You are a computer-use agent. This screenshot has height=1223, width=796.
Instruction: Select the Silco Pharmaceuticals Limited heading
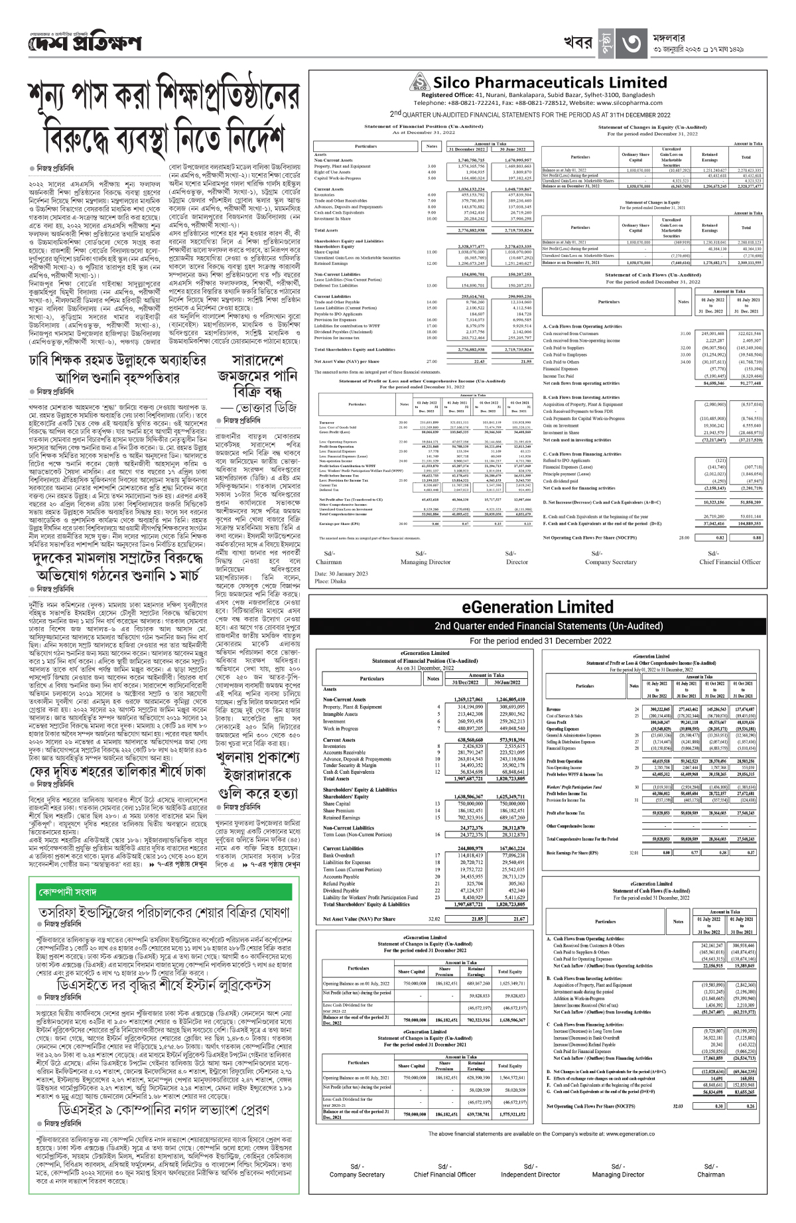(550, 83)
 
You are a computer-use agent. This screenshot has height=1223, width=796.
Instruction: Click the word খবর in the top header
(576, 44)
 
